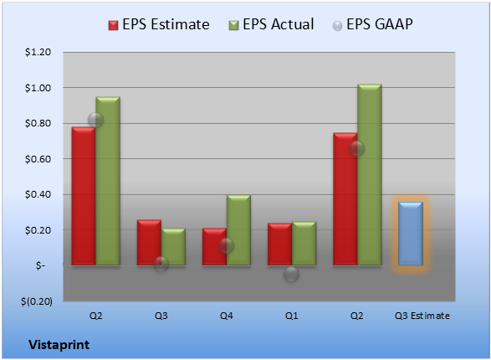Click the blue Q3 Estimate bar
[x=411, y=234]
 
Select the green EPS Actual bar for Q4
[x=238, y=230]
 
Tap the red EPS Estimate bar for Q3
[x=149, y=243]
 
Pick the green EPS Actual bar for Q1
[x=304, y=244]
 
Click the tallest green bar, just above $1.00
[x=370, y=175]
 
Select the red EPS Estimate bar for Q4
[x=214, y=247]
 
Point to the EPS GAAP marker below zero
[x=292, y=274]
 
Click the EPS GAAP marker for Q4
[x=226, y=245]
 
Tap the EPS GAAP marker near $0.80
[x=95, y=120]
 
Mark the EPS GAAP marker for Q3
[x=161, y=264]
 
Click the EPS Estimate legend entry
[x=159, y=24]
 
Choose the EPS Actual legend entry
[x=271, y=24]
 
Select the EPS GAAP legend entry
[x=372, y=24]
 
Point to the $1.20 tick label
[x=38, y=52]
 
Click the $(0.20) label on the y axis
[x=37, y=301]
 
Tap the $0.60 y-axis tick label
[x=38, y=159]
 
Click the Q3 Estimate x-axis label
[x=422, y=316]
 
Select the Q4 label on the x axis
[x=227, y=316]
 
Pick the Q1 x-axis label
[x=292, y=316]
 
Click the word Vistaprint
[x=59, y=345]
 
